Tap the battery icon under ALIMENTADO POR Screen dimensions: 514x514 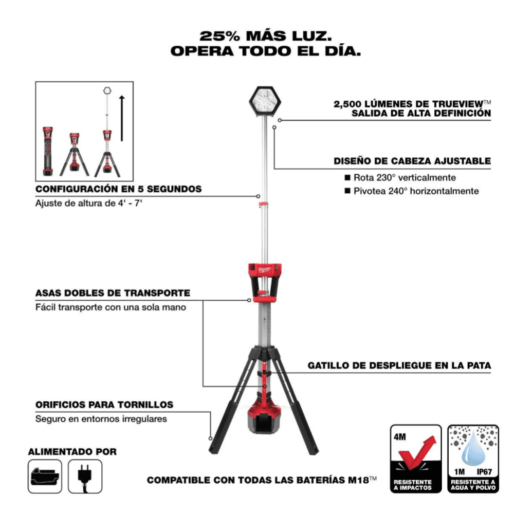45,476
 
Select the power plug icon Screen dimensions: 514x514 85,477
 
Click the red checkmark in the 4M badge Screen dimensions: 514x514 417,452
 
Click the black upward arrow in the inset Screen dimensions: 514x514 122,118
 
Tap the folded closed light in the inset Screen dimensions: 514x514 48,152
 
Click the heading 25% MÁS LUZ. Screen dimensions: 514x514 266,36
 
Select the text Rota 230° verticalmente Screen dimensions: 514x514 405,178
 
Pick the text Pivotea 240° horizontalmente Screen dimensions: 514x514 416,191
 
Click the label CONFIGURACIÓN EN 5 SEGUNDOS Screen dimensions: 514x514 118,189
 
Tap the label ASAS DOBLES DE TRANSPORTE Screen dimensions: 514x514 113,293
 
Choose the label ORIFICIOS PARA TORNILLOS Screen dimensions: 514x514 104,405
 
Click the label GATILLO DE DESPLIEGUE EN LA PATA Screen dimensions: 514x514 399,365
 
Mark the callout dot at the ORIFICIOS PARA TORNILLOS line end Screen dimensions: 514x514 210,438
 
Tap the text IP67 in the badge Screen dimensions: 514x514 484,472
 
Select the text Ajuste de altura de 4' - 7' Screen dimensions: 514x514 89,203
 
